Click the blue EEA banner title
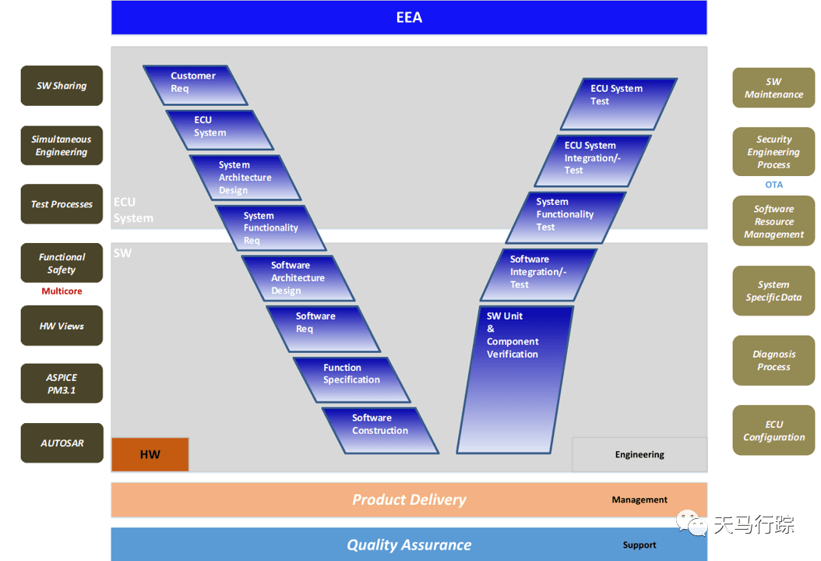point(409,17)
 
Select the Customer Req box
point(196,85)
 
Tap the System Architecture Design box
point(245,178)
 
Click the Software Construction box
point(380,431)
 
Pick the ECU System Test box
point(619,104)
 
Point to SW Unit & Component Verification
point(515,379)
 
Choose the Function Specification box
point(352,379)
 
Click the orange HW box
point(150,454)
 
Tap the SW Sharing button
point(62,86)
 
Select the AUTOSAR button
point(62,443)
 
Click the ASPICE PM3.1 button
point(62,383)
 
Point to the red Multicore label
point(62,291)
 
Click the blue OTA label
point(774,185)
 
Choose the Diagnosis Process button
point(774,361)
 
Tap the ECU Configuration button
point(774,430)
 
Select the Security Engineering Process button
point(774,151)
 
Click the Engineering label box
point(640,455)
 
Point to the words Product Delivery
point(409,499)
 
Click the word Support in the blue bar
point(640,545)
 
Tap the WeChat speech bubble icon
point(692,523)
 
